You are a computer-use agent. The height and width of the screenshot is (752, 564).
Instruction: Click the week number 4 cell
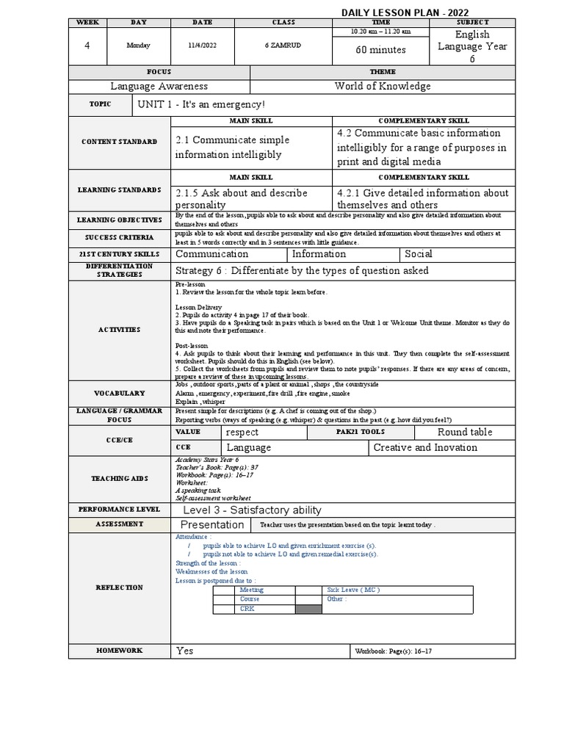click(87, 46)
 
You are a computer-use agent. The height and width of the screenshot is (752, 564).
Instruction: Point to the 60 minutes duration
click(380, 51)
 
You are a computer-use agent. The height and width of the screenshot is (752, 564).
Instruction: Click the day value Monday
click(139, 46)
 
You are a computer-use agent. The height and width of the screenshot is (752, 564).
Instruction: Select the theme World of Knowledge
click(383, 87)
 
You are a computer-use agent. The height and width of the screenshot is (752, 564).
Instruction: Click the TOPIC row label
click(100, 104)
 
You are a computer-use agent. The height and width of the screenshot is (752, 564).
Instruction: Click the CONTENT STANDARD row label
click(120, 141)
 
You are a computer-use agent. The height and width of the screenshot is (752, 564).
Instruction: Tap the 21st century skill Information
click(319, 254)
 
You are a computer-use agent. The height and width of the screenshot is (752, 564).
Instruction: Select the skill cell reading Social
click(419, 254)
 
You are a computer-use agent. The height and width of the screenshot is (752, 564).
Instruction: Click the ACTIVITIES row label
click(120, 330)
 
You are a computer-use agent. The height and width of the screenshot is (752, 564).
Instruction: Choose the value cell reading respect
click(242, 433)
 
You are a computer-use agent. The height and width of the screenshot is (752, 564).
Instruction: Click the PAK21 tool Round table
click(465, 432)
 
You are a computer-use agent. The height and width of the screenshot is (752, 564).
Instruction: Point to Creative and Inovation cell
click(425, 447)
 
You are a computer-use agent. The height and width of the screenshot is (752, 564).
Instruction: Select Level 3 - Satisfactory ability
click(252, 510)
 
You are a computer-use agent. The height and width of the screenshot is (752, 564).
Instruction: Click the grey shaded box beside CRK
click(308, 608)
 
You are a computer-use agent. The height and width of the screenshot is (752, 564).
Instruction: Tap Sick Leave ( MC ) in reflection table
click(353, 590)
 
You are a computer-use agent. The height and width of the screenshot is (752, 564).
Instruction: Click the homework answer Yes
click(185, 651)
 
